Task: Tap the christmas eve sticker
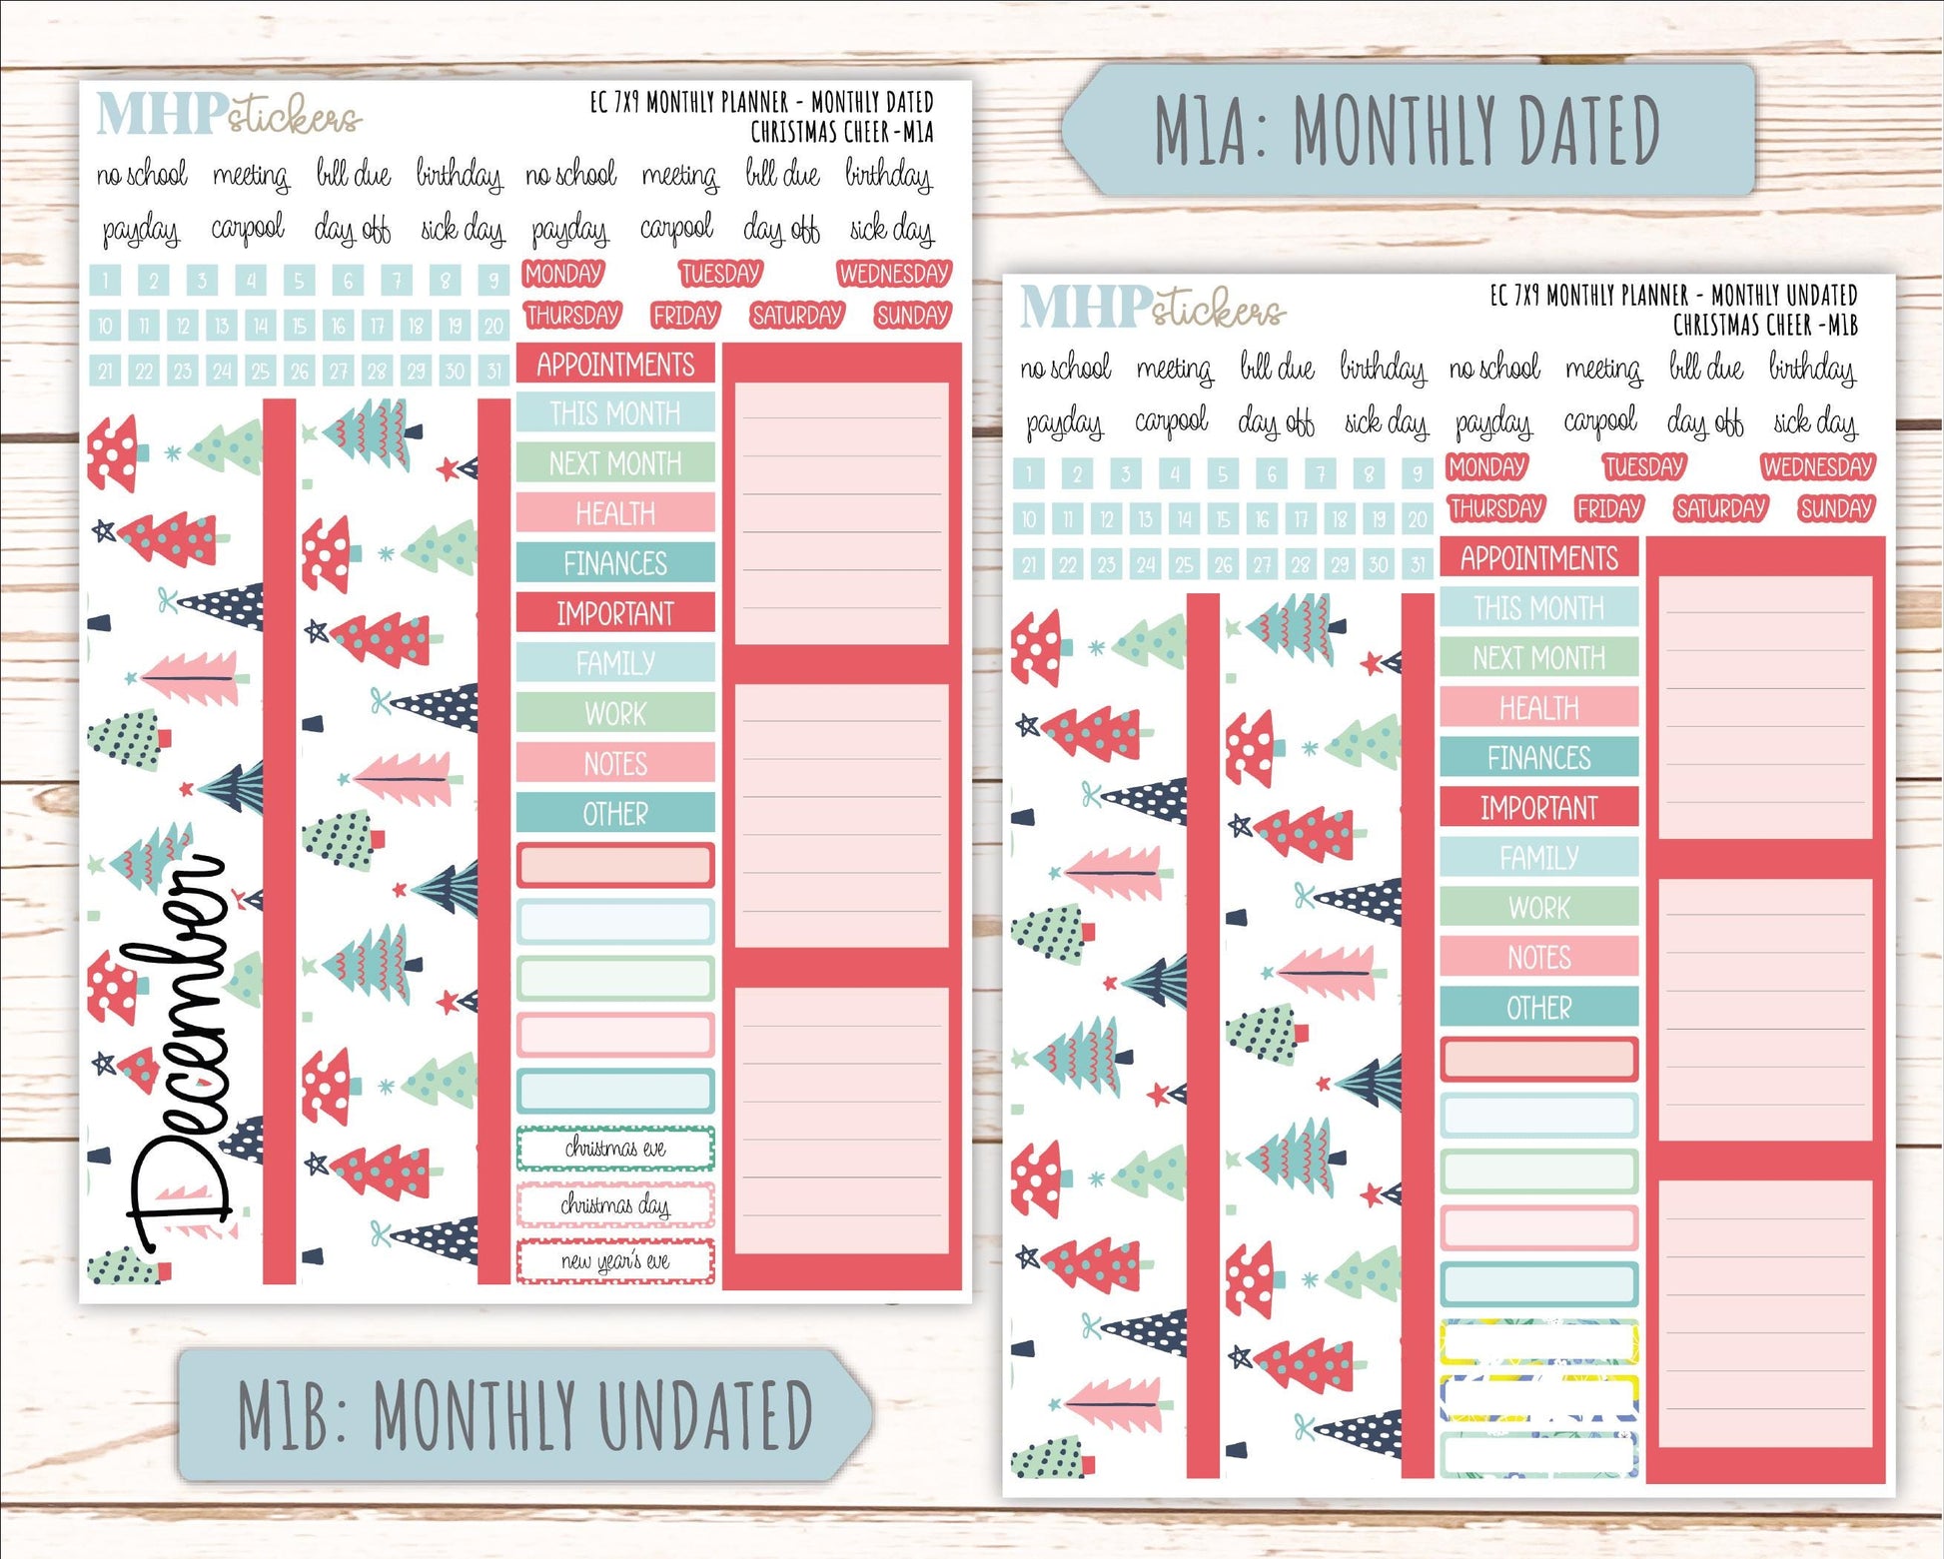tap(615, 1149)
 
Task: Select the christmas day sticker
tap(615, 1204)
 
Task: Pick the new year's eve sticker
tap(615, 1261)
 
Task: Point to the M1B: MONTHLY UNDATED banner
tap(524, 1414)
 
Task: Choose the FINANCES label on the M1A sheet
tap(615, 563)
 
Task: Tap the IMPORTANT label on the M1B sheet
tap(1538, 807)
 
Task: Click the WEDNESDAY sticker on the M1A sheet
tap(893, 274)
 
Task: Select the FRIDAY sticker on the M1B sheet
tap(1608, 509)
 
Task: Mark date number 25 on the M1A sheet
tap(261, 372)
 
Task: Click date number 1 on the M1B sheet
tap(1029, 473)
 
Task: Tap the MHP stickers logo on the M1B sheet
tap(1152, 307)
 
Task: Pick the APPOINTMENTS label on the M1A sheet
tap(615, 365)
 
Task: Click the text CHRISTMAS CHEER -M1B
tap(1765, 325)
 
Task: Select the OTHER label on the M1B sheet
tap(1538, 1008)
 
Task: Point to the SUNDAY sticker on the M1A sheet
tap(911, 316)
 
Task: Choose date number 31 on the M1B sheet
tap(1417, 564)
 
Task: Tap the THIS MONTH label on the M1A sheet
tap(615, 413)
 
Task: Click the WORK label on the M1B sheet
tap(1538, 908)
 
